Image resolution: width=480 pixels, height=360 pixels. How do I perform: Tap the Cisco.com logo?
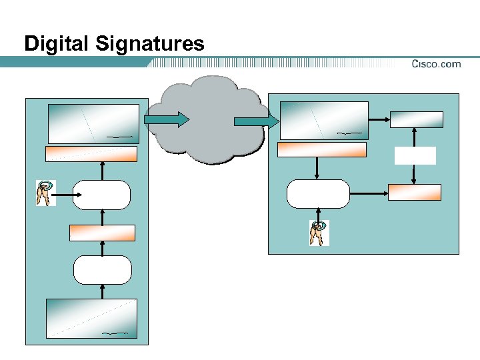[x=435, y=64]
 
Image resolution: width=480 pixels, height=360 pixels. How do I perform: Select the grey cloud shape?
[x=207, y=120]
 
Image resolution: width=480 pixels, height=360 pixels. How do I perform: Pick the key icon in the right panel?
[x=319, y=233]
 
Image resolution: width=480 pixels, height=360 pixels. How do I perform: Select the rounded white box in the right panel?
[x=318, y=194]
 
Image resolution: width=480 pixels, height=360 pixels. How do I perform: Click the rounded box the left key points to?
[x=102, y=195]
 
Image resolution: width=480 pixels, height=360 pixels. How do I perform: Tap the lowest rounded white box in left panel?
[x=102, y=269]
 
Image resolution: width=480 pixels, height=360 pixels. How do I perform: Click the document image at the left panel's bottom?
[x=91, y=318]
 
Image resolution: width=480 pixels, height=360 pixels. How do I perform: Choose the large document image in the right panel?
[x=324, y=120]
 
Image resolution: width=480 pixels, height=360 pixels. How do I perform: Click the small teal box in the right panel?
[x=416, y=119]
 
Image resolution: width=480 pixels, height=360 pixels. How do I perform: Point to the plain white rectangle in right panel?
[x=415, y=155]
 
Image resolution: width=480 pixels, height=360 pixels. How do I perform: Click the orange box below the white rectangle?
[x=415, y=192]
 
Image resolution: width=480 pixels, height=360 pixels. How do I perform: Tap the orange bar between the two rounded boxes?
[x=102, y=233]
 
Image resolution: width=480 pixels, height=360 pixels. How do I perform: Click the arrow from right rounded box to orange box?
[x=369, y=194]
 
